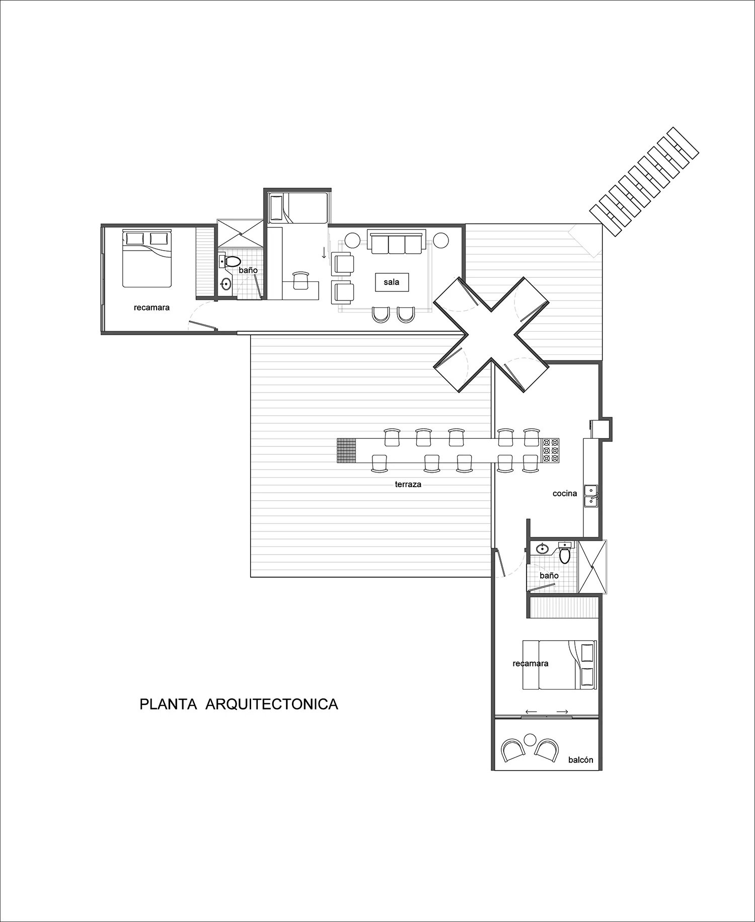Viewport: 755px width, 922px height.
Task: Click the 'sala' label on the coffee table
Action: [x=391, y=282]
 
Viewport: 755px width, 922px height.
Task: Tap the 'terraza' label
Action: [x=408, y=485]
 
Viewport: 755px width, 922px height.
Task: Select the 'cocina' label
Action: [x=565, y=493]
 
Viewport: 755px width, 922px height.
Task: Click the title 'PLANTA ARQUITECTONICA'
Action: [x=239, y=704]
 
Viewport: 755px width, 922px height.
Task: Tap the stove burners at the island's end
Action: [x=551, y=450]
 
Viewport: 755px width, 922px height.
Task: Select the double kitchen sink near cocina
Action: [x=590, y=495]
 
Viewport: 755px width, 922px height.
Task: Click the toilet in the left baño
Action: [x=233, y=262]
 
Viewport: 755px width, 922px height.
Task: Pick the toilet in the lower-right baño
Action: [x=565, y=555]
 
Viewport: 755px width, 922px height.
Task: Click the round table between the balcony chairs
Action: [x=529, y=739]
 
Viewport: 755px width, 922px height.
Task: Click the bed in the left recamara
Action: [x=147, y=259]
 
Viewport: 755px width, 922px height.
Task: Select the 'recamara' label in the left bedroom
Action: [x=152, y=308]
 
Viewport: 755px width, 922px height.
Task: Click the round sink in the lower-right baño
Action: [x=543, y=548]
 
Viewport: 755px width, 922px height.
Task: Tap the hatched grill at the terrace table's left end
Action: [x=346, y=450]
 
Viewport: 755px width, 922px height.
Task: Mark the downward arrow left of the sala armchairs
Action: [x=324, y=253]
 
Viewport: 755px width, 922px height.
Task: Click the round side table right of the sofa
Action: [x=441, y=240]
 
